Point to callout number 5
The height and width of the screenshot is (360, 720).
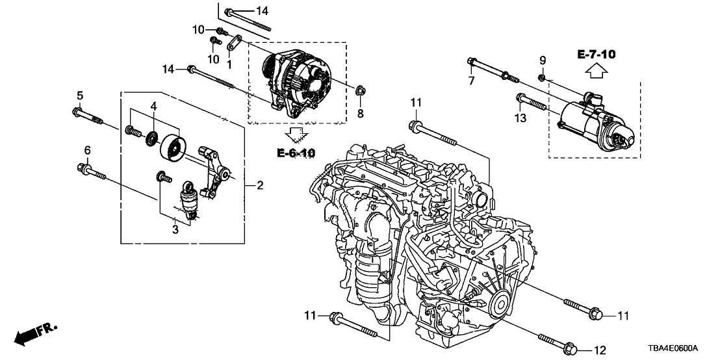pos(79,96)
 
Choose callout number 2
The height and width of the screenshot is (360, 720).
pos(259,186)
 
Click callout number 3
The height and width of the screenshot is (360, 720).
pos(175,229)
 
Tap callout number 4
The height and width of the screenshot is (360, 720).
pos(153,106)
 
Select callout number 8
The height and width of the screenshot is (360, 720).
pos(360,113)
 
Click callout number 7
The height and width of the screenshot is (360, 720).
pos(472,81)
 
